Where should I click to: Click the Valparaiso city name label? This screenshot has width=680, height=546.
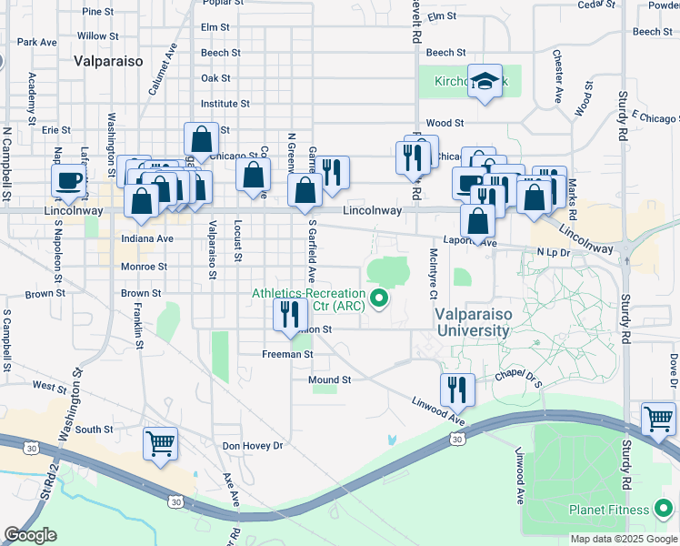point(107,60)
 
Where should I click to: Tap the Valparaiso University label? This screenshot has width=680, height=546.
point(472,322)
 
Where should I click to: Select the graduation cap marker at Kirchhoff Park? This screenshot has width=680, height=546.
point(485,83)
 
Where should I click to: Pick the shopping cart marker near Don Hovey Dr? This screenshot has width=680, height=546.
point(161,444)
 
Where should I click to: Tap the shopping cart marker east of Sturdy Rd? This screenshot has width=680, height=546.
point(658,420)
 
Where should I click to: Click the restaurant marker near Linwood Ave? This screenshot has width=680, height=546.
point(457,389)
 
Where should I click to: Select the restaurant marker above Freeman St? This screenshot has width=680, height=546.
point(290,315)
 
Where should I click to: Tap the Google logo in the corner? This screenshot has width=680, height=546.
point(30,535)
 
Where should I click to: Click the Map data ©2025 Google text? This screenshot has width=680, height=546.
point(624,539)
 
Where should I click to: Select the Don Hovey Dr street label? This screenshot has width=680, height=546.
point(253,446)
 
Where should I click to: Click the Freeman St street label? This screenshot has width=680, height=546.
point(287,354)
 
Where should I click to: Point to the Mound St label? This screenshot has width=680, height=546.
point(329,379)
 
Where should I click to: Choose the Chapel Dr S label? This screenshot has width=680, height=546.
point(518,377)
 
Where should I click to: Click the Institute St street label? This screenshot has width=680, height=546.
point(225,104)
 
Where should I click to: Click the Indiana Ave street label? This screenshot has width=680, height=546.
point(146,238)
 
